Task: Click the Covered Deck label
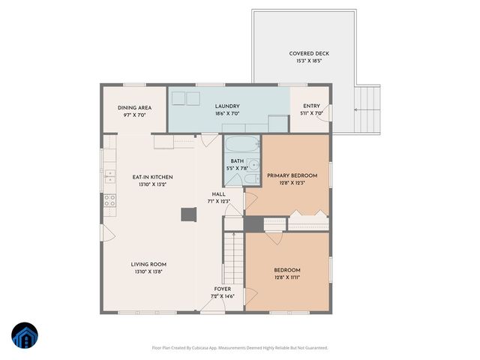309,53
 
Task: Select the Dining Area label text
135,107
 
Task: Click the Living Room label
148,264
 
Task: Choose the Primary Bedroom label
292,175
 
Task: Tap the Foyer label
223,289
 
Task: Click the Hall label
218,193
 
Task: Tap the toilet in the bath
251,178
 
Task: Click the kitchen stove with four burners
109,200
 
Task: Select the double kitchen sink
109,176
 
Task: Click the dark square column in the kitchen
187,215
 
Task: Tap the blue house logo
25,336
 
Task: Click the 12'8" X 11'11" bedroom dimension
287,277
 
